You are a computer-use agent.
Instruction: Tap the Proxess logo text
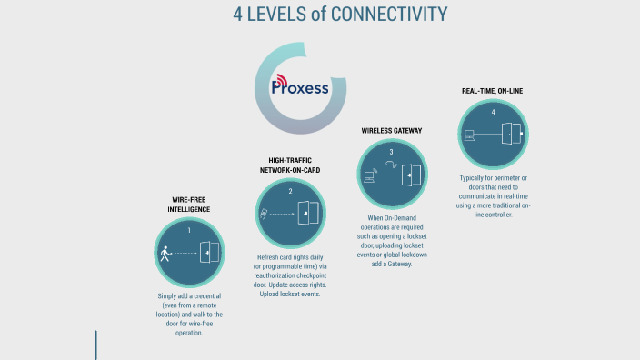pyautogui.click(x=300, y=88)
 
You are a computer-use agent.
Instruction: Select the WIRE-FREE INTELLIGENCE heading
pyautogui.click(x=191, y=204)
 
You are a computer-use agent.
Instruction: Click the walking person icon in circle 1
pyautogui.click(x=165, y=254)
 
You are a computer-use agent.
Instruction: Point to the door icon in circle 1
pyautogui.click(x=210, y=253)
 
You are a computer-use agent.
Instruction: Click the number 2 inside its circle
pyautogui.click(x=290, y=191)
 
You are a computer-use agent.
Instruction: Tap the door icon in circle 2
pyautogui.click(x=309, y=214)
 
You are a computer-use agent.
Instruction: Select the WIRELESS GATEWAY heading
pyautogui.click(x=391, y=131)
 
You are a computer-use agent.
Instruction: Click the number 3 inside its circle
pyautogui.click(x=391, y=152)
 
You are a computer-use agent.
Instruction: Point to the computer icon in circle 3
pyautogui.click(x=370, y=176)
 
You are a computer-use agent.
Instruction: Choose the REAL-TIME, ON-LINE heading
pyautogui.click(x=492, y=91)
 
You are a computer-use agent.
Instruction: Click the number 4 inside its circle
pyautogui.click(x=493, y=112)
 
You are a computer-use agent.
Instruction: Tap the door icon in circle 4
pyautogui.click(x=512, y=135)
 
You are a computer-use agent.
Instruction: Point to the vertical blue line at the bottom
pyautogui.click(x=95, y=345)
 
